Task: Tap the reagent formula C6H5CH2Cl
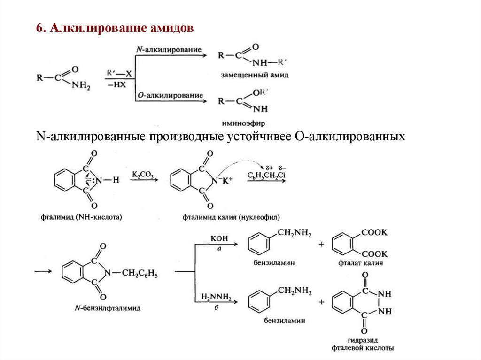pos(266,175)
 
